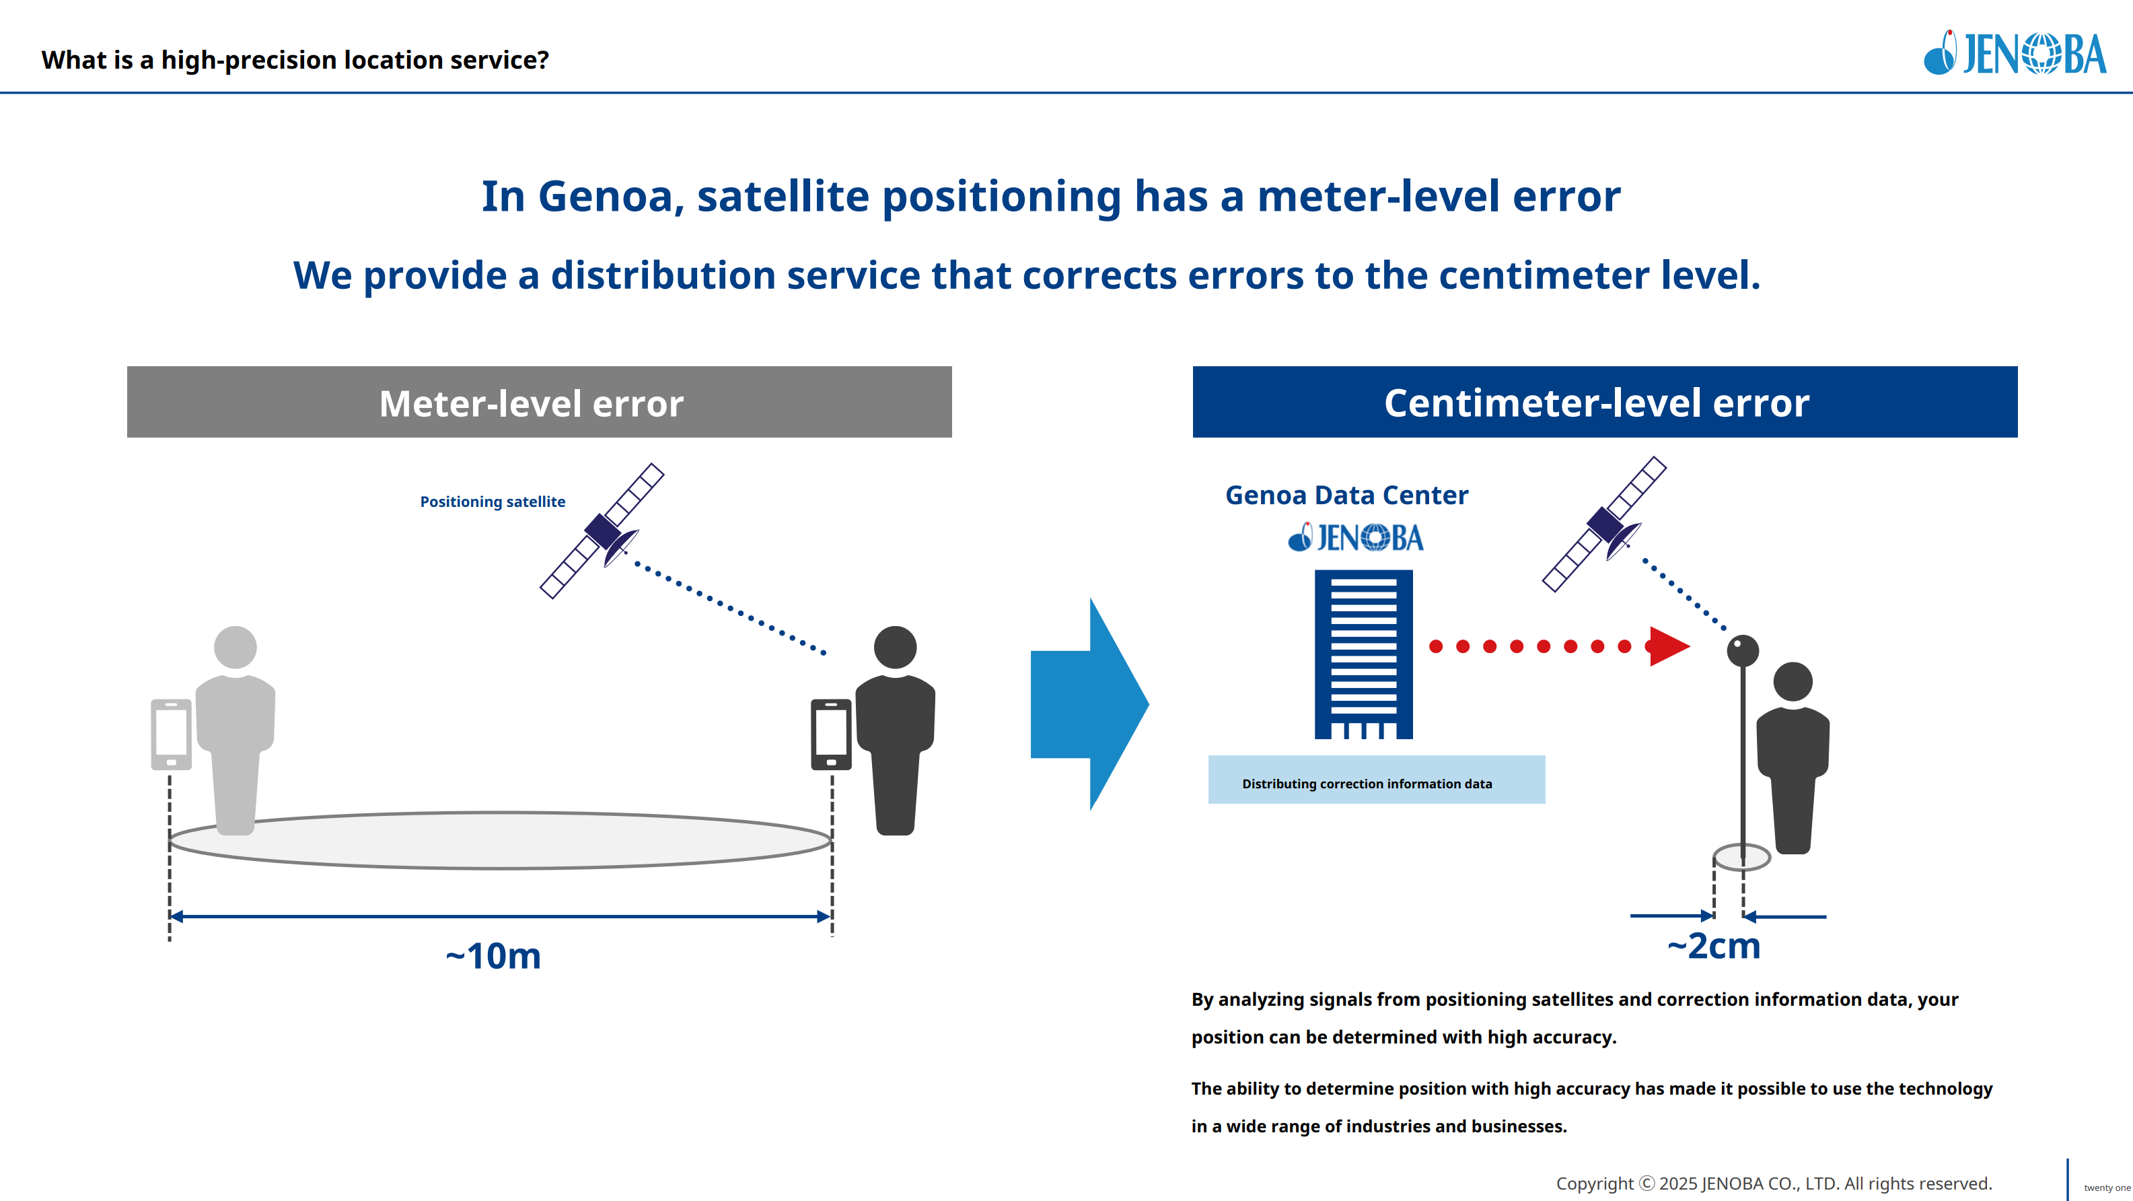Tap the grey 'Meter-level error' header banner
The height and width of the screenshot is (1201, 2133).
[539, 403]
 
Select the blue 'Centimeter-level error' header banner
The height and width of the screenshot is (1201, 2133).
[1604, 403]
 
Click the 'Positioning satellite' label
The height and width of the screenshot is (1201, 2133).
[492, 502]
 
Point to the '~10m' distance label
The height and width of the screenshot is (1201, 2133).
[493, 956]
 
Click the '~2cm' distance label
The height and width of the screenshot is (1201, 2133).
[1713, 946]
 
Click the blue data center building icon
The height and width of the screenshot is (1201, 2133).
[1363, 654]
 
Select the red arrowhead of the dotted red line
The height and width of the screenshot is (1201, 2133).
[1667, 646]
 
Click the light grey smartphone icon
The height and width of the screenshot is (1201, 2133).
[171, 734]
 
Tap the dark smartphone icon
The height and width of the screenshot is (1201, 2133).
[830, 734]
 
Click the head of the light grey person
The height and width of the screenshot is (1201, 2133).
[235, 647]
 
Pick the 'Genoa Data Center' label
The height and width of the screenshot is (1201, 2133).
[1346, 495]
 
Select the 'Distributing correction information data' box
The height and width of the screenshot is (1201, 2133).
[1375, 780]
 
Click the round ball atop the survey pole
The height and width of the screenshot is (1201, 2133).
[1742, 650]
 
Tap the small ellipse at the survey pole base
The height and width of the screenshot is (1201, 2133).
[1741, 856]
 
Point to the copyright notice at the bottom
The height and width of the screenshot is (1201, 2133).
[1774, 1183]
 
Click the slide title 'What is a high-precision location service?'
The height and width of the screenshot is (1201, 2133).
[295, 61]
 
